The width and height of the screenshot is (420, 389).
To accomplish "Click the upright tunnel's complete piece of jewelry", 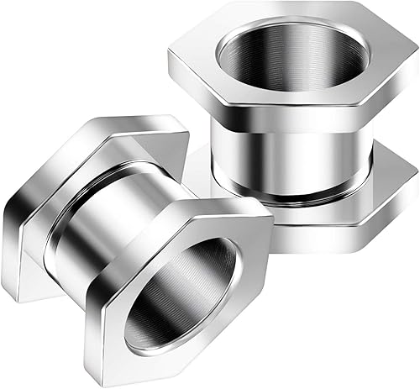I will click(294, 118).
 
